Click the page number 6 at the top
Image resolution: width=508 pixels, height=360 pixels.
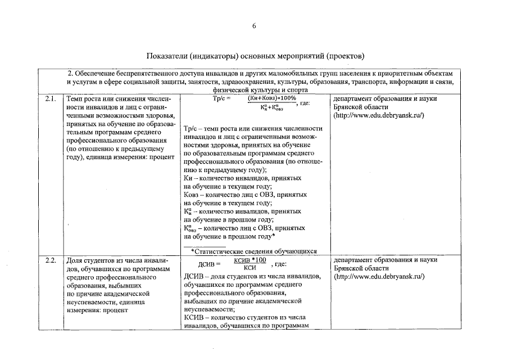(x=254, y=26)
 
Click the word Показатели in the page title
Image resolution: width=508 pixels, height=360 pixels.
(x=167, y=56)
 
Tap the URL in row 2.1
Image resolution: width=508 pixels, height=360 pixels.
(x=379, y=115)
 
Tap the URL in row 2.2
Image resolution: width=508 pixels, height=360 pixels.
(x=379, y=277)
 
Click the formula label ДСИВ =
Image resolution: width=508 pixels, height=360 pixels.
(x=210, y=264)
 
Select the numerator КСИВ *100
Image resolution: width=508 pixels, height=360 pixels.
(x=250, y=260)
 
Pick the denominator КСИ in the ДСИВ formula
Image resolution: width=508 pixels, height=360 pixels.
(x=250, y=268)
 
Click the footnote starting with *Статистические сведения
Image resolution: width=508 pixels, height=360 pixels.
(x=254, y=251)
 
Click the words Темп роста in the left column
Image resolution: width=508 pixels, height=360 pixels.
(x=84, y=99)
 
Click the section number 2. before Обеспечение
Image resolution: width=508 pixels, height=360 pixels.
(x=70, y=74)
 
